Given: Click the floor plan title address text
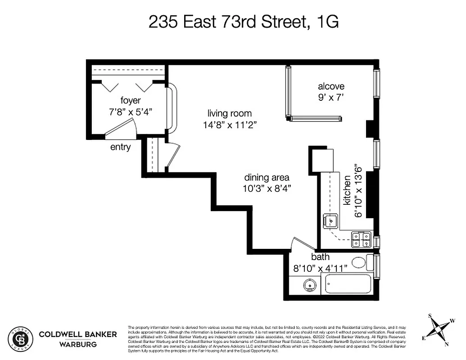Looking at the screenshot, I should click(x=243, y=22).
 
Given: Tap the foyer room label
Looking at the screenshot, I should click(x=131, y=100).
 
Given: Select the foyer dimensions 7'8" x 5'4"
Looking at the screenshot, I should click(x=131, y=112).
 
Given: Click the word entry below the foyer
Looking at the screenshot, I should click(x=120, y=147).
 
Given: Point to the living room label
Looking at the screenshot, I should click(x=230, y=113).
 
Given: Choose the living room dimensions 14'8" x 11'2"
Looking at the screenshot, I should click(x=230, y=125).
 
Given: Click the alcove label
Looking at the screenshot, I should click(x=331, y=86).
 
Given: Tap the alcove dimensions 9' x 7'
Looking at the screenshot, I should click(x=331, y=97).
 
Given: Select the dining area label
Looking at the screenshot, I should click(x=267, y=177).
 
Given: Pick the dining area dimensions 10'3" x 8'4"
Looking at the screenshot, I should click(x=267, y=189).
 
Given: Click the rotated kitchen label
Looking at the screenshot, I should click(x=347, y=190).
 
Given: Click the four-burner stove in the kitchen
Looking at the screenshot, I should click(x=361, y=239).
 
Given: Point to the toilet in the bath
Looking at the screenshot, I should click(x=360, y=262).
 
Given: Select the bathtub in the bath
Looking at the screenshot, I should click(x=348, y=284).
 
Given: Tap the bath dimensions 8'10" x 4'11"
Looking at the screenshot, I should click(x=321, y=268).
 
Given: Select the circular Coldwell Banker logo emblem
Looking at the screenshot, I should click(x=21, y=338).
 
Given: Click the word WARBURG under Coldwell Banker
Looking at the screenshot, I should click(x=77, y=345).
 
